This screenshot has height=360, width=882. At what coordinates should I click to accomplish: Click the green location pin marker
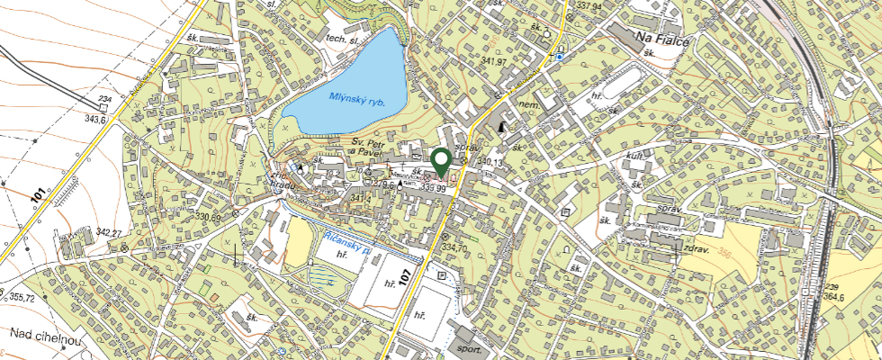tap(441, 162)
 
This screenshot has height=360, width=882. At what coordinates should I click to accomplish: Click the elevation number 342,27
tap(106, 233)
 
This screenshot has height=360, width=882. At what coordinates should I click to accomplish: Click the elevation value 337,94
tap(589, 5)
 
